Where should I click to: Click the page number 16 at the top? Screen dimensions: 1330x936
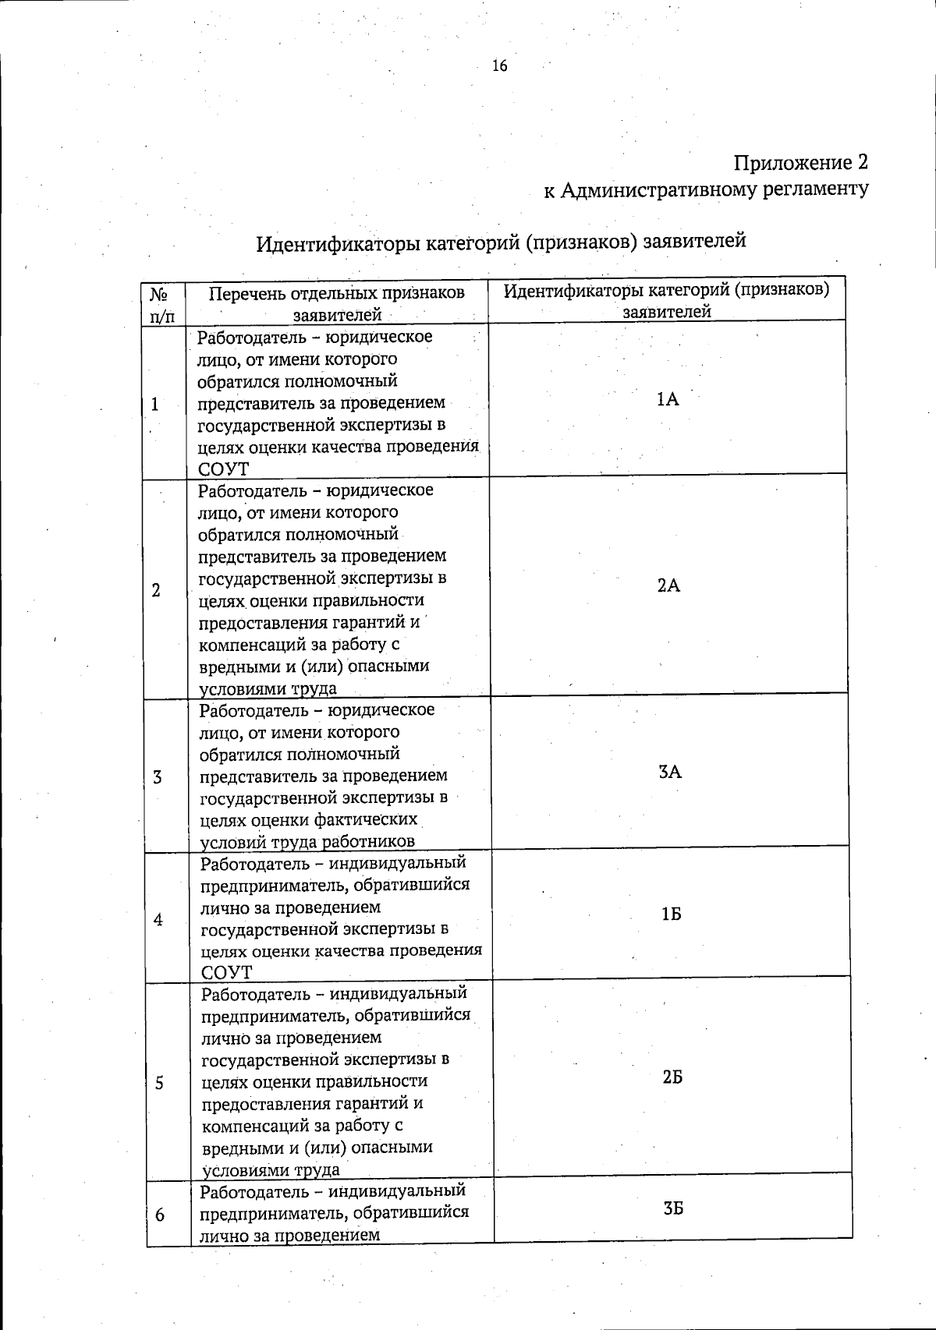coord(500,66)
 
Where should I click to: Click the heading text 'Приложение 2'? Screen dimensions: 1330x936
coord(800,162)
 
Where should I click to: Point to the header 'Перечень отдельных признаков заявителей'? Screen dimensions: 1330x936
coord(337,304)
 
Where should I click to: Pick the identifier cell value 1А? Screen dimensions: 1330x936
coord(668,400)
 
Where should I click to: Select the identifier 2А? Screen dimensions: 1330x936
coord(668,586)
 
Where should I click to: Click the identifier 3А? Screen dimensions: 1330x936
coord(669,773)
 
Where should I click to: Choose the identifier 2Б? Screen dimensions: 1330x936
coord(672,1077)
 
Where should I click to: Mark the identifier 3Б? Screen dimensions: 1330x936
coord(673,1208)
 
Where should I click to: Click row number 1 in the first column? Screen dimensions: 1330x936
coord(155,404)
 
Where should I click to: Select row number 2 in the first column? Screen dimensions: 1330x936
coord(156,590)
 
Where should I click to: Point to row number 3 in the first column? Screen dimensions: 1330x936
coord(158,777)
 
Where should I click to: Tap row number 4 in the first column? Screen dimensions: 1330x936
coord(158,920)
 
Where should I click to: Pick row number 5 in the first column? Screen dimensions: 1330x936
coord(159,1083)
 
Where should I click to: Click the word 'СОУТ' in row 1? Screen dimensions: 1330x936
coord(223,469)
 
